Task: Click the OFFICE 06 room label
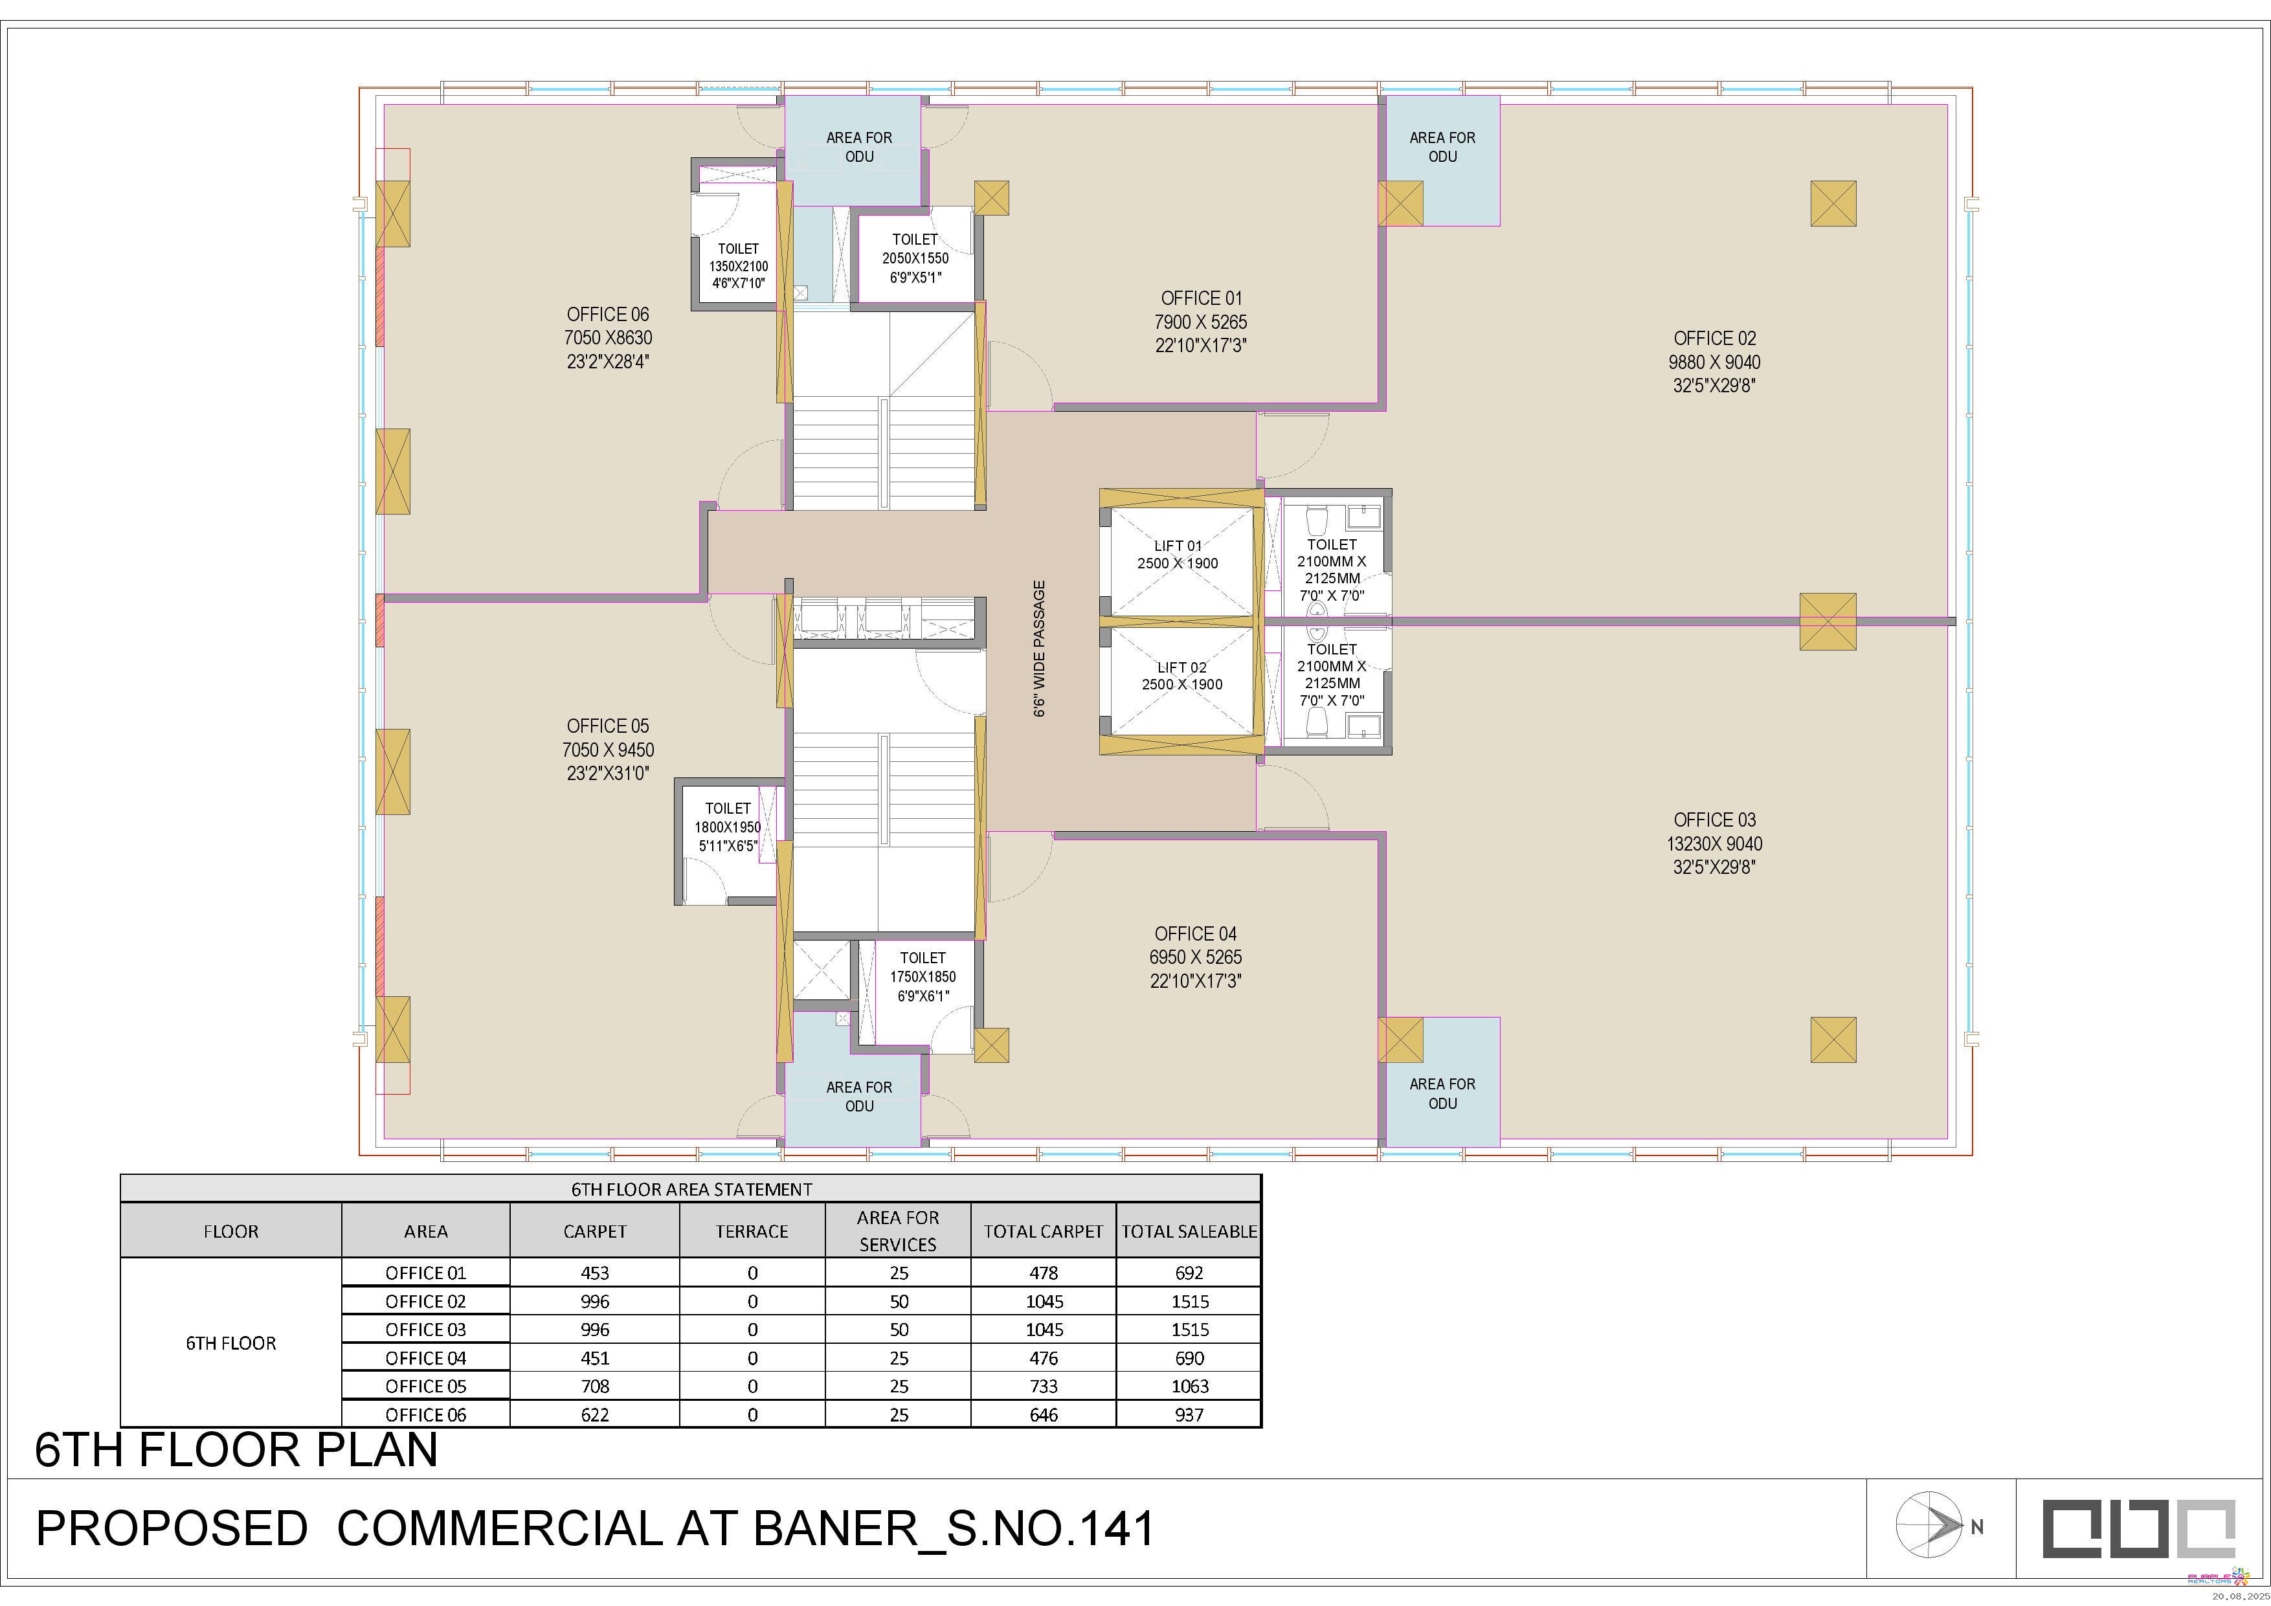[607, 315]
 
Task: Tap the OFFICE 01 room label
[1201, 298]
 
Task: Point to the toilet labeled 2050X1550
[915, 259]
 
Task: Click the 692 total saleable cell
[1189, 1273]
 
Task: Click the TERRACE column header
[752, 1231]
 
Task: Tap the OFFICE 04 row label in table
[425, 1359]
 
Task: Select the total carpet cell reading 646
[1044, 1415]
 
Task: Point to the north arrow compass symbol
[1930, 1526]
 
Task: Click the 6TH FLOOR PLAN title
[236, 1451]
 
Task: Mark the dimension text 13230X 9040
[1714, 843]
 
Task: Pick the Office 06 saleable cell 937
[1189, 1415]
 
